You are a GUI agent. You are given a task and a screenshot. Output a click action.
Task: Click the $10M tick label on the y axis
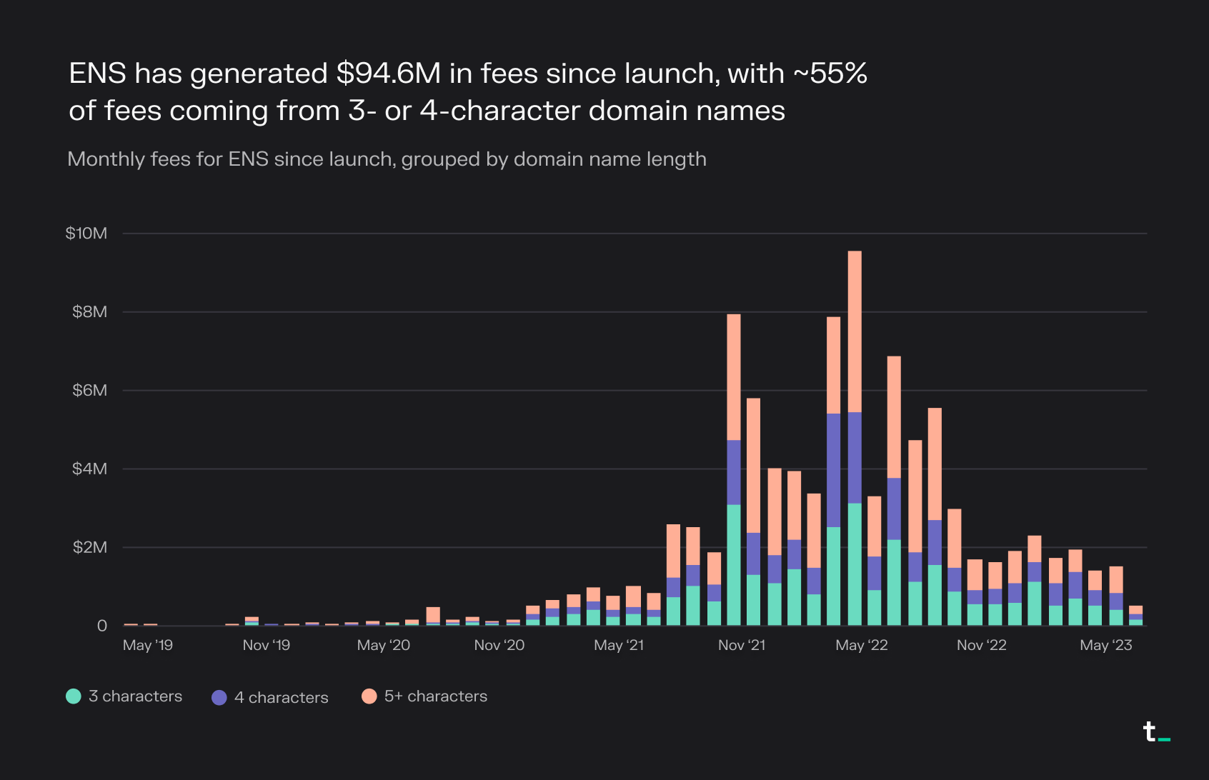pos(86,234)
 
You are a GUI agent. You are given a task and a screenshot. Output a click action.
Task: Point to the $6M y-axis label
pos(89,390)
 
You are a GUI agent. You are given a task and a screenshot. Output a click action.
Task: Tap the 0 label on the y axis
pos(102,626)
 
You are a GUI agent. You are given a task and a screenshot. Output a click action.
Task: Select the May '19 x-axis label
pos(148,646)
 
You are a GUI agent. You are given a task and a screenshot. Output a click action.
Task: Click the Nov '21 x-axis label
pos(741,646)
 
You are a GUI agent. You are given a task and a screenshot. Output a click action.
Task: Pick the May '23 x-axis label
pos(1105,646)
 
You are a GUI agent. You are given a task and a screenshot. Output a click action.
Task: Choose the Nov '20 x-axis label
pos(499,646)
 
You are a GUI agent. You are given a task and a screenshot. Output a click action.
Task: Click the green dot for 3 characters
pos(74,696)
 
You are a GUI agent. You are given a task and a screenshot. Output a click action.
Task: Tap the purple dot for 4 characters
pos(219,698)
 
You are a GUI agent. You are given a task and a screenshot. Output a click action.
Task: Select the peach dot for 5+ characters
pos(369,696)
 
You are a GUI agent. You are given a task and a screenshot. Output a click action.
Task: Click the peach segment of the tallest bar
pos(855,331)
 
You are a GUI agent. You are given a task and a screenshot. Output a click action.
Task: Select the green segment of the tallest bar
pos(855,564)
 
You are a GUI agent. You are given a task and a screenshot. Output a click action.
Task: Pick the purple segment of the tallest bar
pos(855,458)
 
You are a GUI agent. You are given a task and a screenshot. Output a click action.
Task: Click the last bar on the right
pos(1135,616)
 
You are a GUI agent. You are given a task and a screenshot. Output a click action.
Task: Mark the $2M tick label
pos(89,548)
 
